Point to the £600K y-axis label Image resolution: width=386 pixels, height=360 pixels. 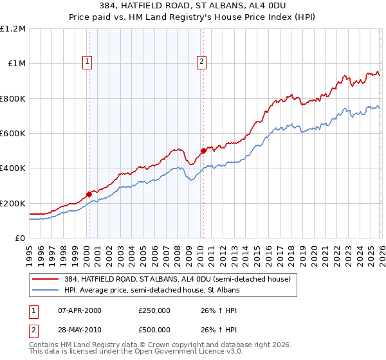(13, 134)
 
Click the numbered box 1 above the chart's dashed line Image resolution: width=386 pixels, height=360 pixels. (87, 62)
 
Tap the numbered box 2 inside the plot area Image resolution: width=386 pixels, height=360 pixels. (201, 62)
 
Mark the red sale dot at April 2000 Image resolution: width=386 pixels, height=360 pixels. (89, 194)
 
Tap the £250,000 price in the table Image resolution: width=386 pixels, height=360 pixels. (154, 310)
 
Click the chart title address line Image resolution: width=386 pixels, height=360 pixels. (193, 6)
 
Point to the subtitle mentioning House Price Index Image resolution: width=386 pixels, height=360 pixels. (193, 17)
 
